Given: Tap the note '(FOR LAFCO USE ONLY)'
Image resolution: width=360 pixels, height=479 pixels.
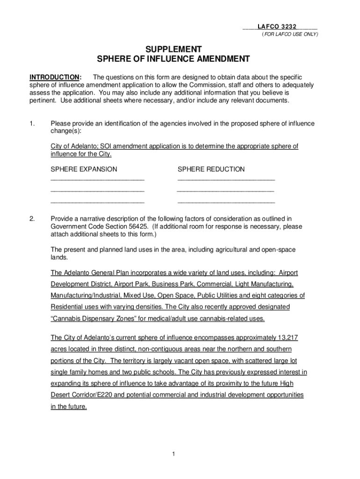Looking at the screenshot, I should click(x=289, y=35).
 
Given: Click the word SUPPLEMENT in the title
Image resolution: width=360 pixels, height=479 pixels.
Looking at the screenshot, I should click(x=173, y=49).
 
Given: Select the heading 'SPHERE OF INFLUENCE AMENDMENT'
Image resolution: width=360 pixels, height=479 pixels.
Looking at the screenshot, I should click(x=173, y=59).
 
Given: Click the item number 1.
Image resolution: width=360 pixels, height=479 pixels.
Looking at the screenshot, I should click(x=32, y=124).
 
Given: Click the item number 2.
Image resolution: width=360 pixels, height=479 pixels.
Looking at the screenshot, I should click(x=32, y=218).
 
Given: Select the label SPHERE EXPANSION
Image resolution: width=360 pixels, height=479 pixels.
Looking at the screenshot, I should click(x=84, y=169).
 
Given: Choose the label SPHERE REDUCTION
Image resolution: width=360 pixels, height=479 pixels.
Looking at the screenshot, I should click(x=211, y=169).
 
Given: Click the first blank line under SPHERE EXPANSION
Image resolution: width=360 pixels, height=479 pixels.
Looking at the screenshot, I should click(x=97, y=179).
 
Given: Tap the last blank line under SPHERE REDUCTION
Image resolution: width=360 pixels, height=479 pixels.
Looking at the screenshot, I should click(x=226, y=202).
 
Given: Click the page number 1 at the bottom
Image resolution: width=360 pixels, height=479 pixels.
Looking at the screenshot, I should click(x=173, y=454).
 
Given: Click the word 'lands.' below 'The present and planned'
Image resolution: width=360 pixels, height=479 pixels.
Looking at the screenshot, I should click(x=59, y=258).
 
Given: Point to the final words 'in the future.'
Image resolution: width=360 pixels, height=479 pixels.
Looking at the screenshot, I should click(x=69, y=407).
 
